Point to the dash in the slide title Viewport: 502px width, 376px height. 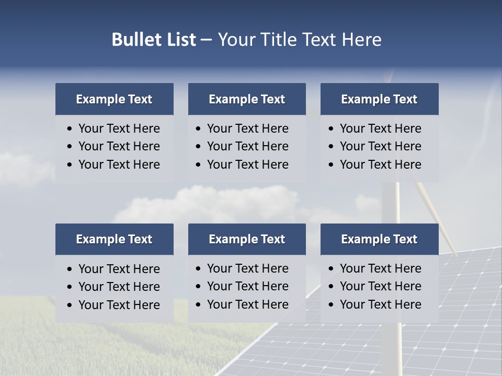[206, 40]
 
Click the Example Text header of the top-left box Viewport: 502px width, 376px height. [114, 99]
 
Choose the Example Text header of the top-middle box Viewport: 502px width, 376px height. [247, 99]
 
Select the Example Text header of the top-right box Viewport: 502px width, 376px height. [379, 99]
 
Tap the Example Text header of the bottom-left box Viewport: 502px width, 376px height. [114, 239]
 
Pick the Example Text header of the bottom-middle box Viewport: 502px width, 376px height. [247, 239]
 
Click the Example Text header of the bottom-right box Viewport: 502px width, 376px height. [379, 239]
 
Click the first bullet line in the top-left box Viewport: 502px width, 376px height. [119, 128]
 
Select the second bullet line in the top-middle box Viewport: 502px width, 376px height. [247, 146]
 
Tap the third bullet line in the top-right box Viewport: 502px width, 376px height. [380, 164]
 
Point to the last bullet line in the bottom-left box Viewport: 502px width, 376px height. [119, 305]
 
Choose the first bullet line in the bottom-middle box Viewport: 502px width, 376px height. [247, 268]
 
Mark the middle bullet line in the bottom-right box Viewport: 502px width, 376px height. [380, 286]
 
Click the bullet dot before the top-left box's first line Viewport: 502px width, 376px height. [70, 129]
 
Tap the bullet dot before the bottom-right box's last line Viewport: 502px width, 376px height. [332, 305]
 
